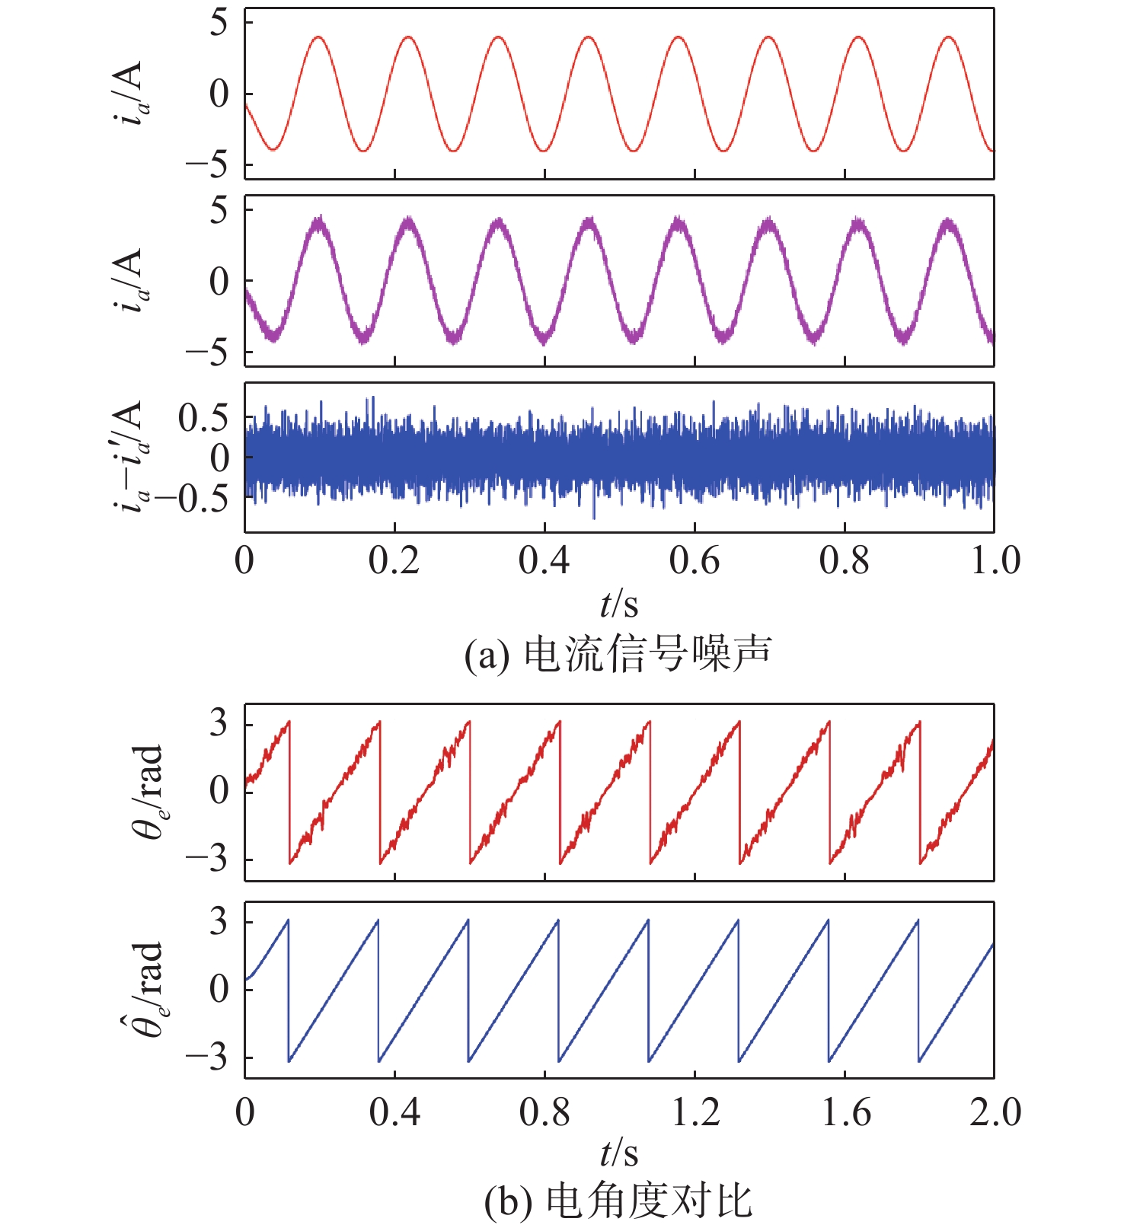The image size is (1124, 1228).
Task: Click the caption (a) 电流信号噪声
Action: click(x=618, y=654)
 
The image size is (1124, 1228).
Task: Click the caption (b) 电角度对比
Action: click(x=618, y=1202)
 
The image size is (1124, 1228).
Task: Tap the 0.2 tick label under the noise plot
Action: click(x=394, y=561)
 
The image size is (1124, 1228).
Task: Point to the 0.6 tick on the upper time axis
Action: click(x=694, y=561)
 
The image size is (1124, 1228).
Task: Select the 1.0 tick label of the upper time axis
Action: click(x=995, y=561)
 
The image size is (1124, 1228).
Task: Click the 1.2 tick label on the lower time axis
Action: click(x=695, y=1112)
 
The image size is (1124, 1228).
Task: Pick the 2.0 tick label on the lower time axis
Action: click(x=995, y=1112)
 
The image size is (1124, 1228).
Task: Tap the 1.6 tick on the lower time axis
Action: click(x=845, y=1112)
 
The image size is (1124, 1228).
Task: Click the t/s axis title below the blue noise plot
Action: click(x=618, y=604)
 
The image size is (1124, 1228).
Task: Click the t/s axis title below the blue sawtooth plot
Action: click(x=618, y=1153)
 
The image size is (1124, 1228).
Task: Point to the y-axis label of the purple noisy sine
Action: click(x=131, y=281)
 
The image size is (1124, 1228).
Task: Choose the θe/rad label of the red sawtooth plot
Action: click(x=147, y=792)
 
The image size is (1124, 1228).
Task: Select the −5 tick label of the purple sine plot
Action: click(x=208, y=354)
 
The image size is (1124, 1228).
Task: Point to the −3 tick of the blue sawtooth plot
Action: click(x=208, y=1057)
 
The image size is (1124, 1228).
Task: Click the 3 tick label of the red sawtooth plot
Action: click(x=219, y=723)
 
